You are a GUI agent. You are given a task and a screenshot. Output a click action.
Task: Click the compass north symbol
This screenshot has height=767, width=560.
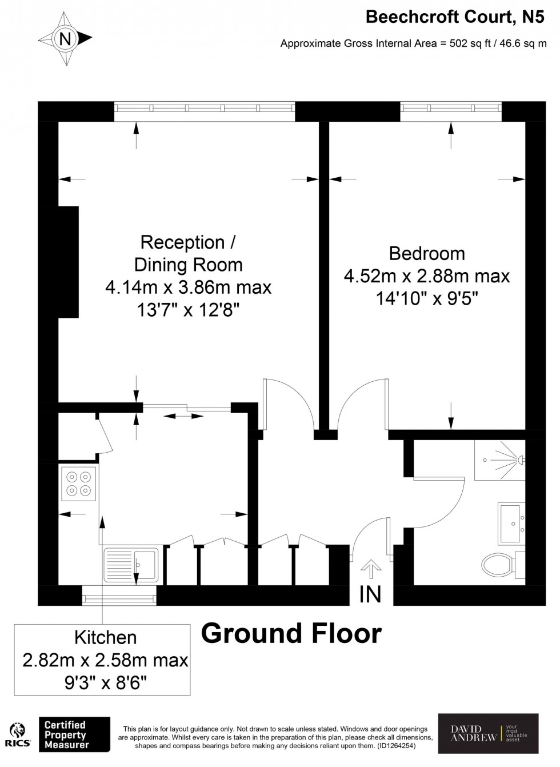(x=65, y=39)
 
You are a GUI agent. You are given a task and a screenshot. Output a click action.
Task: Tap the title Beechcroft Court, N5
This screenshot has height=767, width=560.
(x=455, y=17)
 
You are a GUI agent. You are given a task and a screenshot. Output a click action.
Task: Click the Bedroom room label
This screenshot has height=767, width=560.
(x=426, y=253)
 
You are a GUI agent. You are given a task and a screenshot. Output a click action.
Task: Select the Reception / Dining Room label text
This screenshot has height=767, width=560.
(x=188, y=253)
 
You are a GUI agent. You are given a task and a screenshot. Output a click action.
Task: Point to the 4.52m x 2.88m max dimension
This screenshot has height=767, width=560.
(x=426, y=276)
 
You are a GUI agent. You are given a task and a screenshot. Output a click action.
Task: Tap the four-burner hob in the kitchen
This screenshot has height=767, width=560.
(x=79, y=482)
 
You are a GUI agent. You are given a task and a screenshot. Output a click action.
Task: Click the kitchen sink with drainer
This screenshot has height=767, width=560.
(x=131, y=565)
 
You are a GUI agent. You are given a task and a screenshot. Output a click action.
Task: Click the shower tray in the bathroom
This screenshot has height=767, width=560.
(x=499, y=460)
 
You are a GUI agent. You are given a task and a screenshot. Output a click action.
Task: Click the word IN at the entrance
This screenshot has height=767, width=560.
(x=370, y=594)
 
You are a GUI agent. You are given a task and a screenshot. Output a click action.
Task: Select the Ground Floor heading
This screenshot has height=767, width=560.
(x=291, y=633)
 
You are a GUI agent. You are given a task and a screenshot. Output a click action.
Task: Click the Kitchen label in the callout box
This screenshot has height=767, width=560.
(x=105, y=637)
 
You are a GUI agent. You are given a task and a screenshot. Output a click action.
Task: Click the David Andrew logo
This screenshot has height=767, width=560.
(x=488, y=733)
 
